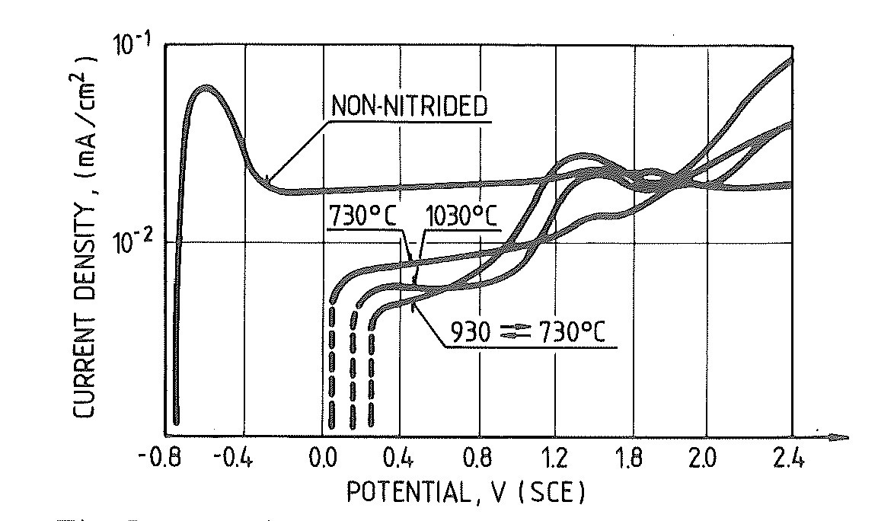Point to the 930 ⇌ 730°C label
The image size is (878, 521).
click(531, 333)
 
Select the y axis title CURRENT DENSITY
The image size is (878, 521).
click(85, 236)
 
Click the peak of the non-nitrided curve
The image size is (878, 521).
click(205, 88)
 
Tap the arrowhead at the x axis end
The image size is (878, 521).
click(841, 437)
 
